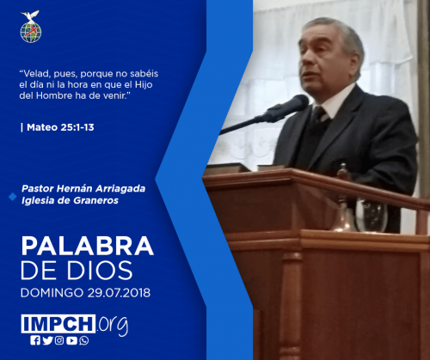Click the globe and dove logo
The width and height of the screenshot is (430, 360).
click(x=31, y=27)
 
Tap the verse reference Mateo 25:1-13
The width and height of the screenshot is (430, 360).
click(x=60, y=127)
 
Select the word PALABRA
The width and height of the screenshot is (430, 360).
click(x=88, y=246)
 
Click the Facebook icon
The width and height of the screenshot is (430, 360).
click(x=35, y=340)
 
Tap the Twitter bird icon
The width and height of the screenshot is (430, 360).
click(x=47, y=340)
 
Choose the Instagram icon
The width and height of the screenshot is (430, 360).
click(x=59, y=340)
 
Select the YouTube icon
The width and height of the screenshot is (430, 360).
click(x=71, y=340)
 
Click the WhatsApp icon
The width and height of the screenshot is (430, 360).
click(x=84, y=340)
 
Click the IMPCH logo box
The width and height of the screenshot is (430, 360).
click(x=58, y=324)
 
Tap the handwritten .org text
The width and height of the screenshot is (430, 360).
click(x=113, y=325)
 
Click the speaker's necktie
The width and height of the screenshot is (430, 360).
click(x=318, y=114)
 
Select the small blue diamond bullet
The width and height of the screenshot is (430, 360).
click(x=13, y=197)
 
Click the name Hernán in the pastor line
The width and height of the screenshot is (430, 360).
click(x=75, y=188)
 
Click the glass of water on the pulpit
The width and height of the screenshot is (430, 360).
click(x=372, y=215)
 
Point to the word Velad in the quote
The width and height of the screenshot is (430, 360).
click(x=34, y=74)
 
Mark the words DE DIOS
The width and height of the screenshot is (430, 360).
click(x=77, y=271)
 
